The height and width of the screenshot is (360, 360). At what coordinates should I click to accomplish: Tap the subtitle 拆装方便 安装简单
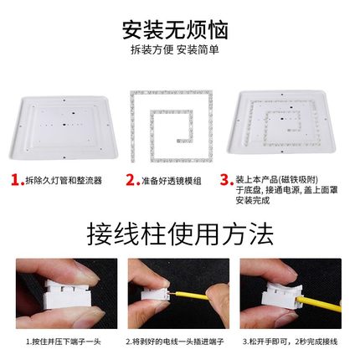(x=180, y=50)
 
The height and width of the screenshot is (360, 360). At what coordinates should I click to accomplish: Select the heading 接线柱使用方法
(x=180, y=232)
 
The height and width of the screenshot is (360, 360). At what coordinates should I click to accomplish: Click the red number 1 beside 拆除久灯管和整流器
(x=17, y=179)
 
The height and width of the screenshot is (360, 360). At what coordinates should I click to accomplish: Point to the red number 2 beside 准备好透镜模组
(x=131, y=179)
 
